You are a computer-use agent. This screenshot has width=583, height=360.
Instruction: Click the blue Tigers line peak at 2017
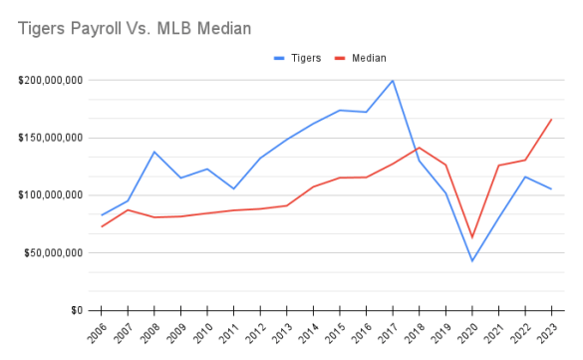[392, 81]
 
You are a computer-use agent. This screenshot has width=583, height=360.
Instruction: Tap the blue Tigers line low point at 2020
[471, 261]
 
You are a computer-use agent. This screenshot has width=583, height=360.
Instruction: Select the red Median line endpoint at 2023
[551, 120]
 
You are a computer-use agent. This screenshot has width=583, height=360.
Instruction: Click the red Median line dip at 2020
[471, 237]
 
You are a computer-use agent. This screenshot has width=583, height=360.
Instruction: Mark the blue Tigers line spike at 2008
[153, 152]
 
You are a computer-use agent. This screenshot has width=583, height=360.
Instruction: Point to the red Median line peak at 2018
[419, 148]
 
